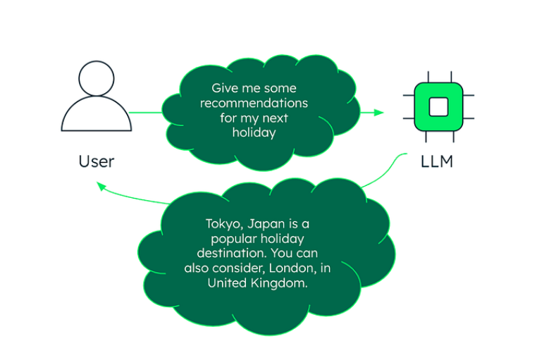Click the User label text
click(96, 161)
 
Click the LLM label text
click(437, 161)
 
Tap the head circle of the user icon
click(97, 79)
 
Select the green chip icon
click(438, 106)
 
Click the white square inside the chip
click(438, 106)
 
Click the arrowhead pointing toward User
click(101, 186)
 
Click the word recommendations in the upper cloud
click(254, 103)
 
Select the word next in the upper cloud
click(273, 118)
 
